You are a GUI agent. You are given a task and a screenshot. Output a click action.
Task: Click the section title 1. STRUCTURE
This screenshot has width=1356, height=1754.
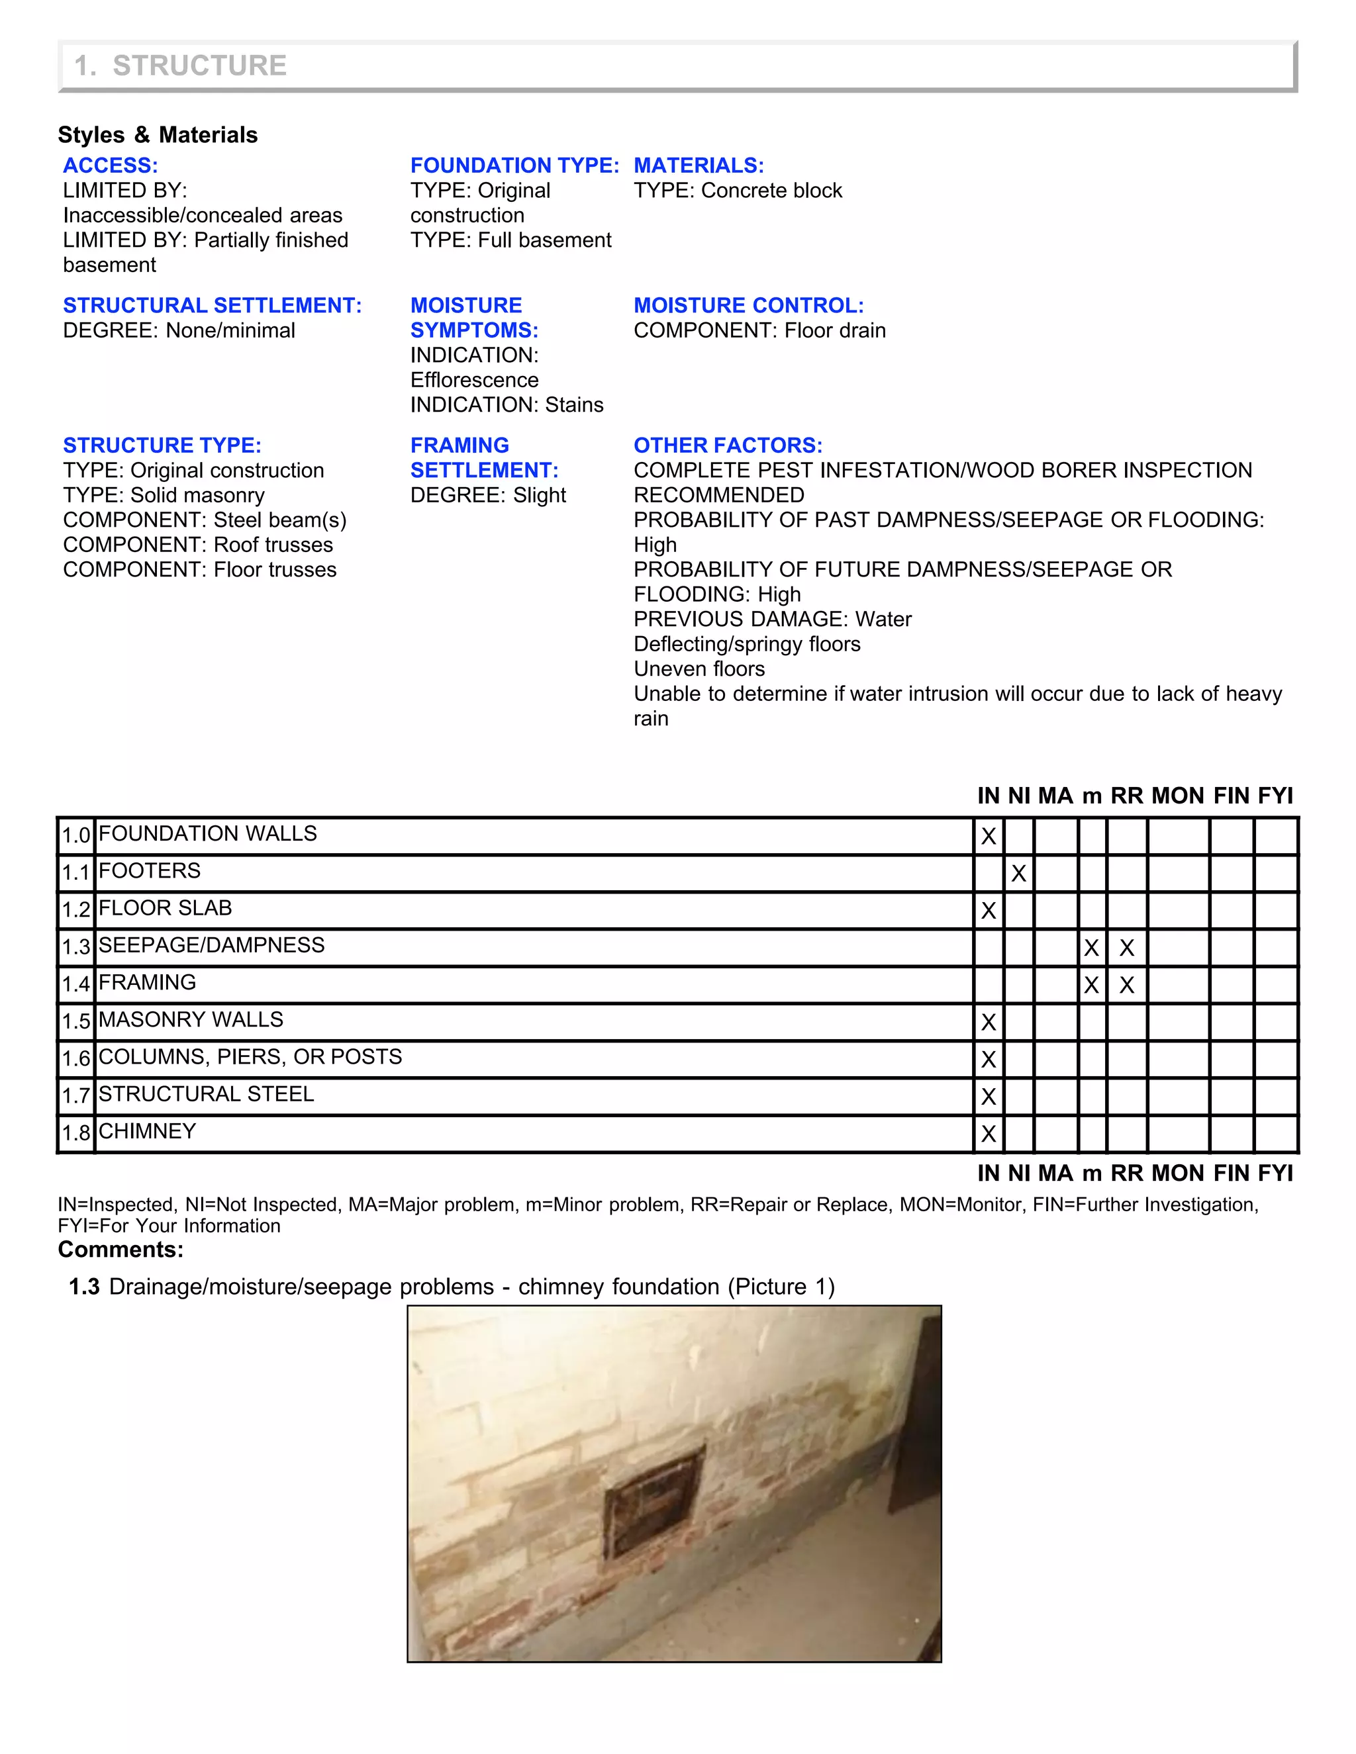180,65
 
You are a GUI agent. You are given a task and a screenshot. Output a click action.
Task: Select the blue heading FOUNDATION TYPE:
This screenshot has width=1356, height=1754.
514,165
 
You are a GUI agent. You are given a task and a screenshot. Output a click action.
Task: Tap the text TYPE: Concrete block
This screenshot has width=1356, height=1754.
737,191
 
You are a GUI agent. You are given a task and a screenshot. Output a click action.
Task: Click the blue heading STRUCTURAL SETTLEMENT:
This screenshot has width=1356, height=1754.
212,305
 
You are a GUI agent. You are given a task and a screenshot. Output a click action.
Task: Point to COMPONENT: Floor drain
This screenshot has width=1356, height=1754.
759,330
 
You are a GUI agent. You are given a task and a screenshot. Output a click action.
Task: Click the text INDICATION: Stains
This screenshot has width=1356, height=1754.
506,405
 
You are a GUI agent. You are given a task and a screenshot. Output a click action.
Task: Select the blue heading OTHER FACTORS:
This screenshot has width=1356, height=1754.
727,445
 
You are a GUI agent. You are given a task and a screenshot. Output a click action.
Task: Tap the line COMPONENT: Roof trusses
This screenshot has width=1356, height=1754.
197,545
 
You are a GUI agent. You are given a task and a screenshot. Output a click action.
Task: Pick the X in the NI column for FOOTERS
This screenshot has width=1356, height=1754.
1018,873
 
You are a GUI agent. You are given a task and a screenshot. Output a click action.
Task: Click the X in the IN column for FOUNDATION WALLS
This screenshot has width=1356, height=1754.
988,836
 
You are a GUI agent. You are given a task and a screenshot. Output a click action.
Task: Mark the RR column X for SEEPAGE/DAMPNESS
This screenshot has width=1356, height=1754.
1126,948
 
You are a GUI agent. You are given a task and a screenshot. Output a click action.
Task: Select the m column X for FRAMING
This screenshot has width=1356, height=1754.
1090,985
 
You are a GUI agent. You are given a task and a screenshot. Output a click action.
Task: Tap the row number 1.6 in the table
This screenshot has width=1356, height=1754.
76,1058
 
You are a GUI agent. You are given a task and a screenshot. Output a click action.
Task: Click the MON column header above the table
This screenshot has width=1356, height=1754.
1177,796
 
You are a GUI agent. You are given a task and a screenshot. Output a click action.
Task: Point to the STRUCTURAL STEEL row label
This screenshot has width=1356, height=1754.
206,1094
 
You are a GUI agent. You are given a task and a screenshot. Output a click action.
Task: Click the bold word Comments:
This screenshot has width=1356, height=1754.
121,1250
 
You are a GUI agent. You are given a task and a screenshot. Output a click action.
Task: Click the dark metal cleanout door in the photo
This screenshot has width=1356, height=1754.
652,1499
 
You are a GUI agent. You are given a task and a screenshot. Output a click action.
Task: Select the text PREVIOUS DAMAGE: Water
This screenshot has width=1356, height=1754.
772,620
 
